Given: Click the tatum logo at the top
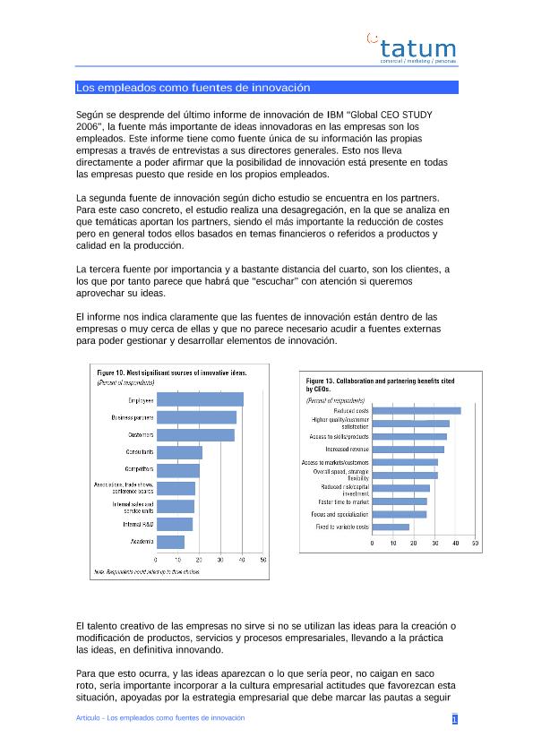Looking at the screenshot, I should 414,49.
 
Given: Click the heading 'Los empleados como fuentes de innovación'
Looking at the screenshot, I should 193,88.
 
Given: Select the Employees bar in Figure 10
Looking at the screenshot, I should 199,399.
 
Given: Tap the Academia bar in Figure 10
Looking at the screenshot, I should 169,542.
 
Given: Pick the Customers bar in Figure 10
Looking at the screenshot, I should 194,434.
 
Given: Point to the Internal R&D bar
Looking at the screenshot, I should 174,524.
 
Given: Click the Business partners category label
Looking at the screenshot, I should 132,417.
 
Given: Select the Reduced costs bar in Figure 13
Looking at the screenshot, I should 416,411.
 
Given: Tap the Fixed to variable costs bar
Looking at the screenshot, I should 391,527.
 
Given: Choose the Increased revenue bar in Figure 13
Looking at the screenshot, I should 408,450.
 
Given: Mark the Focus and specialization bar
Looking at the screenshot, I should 399,514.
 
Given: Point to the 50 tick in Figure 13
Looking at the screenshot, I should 475,544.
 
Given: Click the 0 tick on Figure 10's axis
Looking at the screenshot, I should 156,561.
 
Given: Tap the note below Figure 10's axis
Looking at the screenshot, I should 147,570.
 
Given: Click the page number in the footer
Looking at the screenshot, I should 454,720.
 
